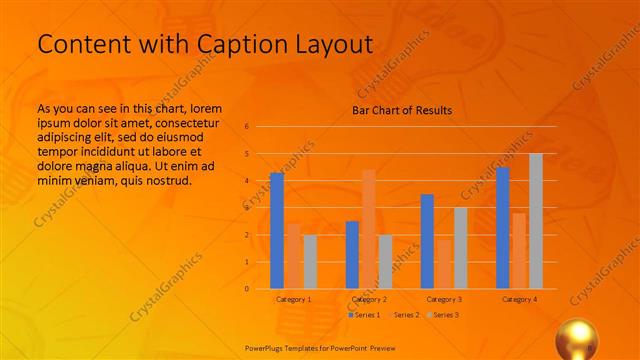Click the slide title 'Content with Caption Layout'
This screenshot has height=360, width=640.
[x=204, y=45]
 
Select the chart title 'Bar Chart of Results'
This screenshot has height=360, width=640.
[x=401, y=110]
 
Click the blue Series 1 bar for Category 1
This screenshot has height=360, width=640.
[x=277, y=231]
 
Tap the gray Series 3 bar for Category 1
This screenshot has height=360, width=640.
[x=310, y=262]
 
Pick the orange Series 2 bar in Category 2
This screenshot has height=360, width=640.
[x=369, y=229]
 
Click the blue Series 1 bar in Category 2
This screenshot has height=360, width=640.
[x=352, y=255]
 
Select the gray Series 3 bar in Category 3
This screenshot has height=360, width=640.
[x=460, y=248]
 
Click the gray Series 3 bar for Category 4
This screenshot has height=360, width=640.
[x=536, y=221]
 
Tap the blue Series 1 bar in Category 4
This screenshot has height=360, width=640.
[x=503, y=228]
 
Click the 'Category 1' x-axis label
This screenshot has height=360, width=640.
[x=293, y=299]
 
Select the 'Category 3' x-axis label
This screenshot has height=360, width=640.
[x=444, y=299]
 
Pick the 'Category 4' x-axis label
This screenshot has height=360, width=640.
[x=519, y=299]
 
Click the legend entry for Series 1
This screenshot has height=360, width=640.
[x=364, y=315]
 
